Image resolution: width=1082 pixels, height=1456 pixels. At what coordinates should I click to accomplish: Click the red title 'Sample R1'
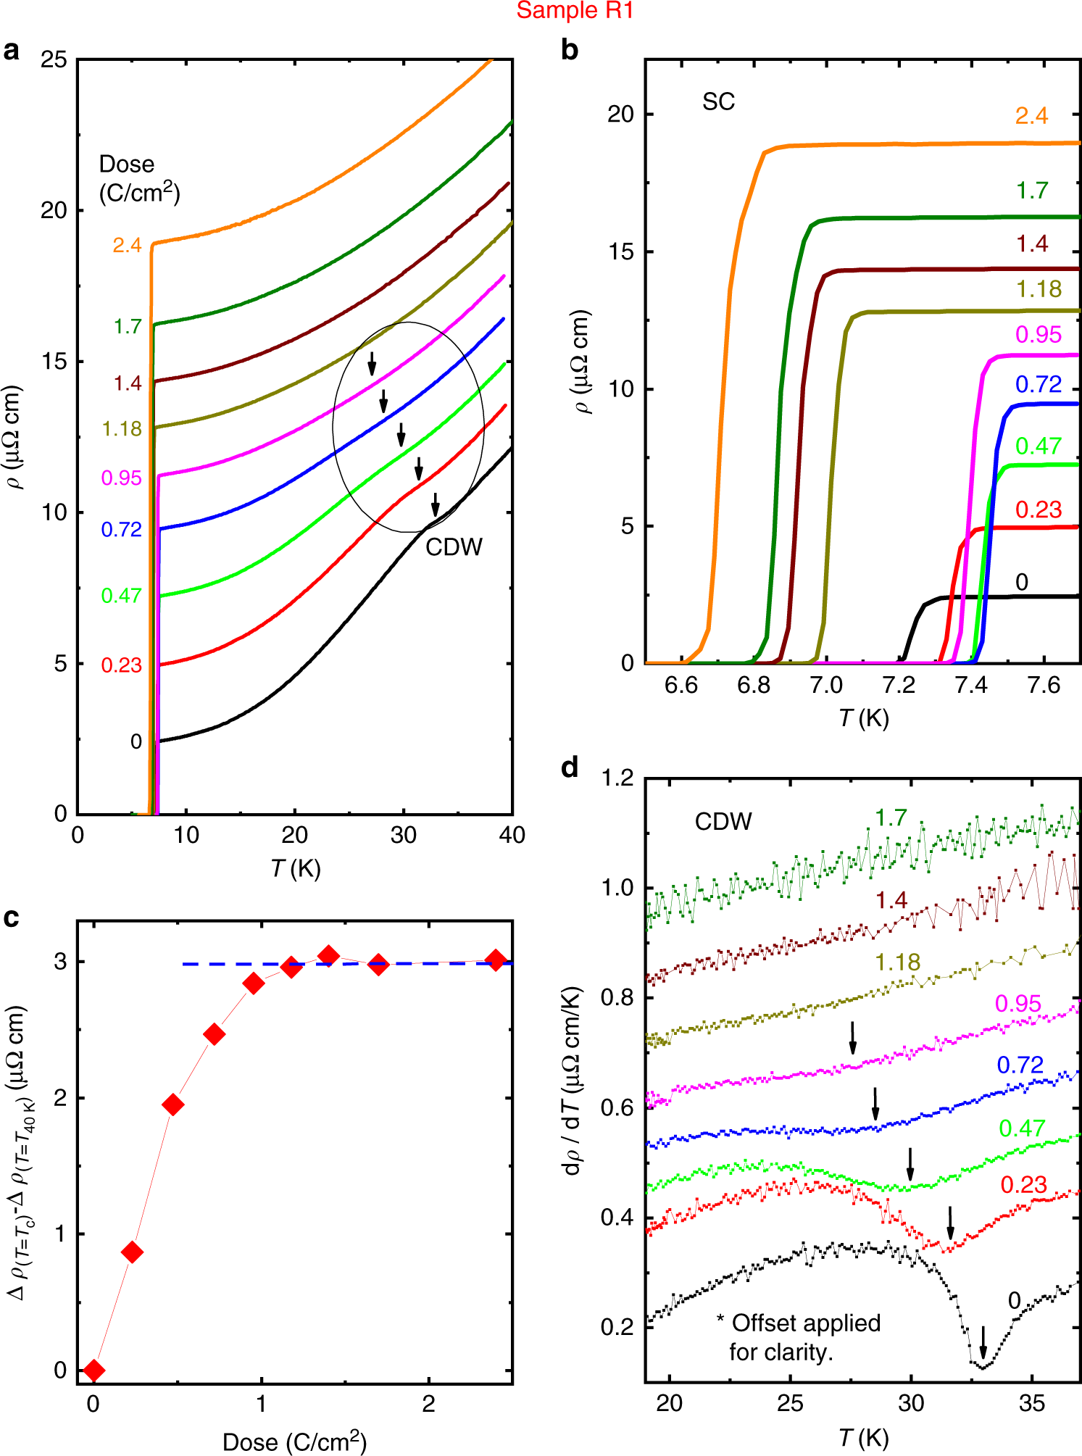pos(575,11)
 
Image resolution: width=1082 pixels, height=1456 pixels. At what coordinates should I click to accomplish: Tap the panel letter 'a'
pos(12,51)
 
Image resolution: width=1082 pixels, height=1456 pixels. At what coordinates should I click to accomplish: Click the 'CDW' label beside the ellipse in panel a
pos(454,546)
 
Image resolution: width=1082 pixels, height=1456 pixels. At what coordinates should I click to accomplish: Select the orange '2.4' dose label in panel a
pos(127,246)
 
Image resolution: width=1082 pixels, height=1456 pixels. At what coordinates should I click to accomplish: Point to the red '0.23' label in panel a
pos(121,665)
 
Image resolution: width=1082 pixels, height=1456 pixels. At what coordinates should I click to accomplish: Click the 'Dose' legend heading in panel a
pos(127,165)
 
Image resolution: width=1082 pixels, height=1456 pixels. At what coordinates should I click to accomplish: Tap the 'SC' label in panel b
pos(718,102)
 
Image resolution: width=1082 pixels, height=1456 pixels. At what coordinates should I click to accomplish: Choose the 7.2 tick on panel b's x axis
pos(898,685)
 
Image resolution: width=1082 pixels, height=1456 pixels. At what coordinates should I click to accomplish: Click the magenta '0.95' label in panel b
pos(1038,335)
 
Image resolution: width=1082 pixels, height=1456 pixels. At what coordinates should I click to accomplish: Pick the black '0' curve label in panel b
pos(1022,582)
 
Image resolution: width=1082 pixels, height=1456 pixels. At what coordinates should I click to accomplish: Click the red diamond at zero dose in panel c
pos(93,1370)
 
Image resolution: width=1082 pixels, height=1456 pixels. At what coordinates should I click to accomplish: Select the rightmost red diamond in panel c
pos(496,961)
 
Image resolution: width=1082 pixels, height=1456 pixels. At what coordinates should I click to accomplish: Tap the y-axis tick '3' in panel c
pos(60,962)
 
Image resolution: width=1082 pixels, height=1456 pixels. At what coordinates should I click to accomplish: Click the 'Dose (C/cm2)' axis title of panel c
pos(294,1442)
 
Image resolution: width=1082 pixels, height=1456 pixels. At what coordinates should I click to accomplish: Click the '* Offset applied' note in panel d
pos(799,1323)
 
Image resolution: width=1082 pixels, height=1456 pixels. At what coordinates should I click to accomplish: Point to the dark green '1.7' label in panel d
pos(891,818)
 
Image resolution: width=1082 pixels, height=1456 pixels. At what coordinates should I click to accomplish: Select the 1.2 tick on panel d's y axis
pos(617,778)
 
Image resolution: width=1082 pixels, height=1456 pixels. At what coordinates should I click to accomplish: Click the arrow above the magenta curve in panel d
pos(853,1038)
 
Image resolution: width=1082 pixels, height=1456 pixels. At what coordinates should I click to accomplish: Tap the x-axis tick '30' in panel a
pos(403,836)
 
